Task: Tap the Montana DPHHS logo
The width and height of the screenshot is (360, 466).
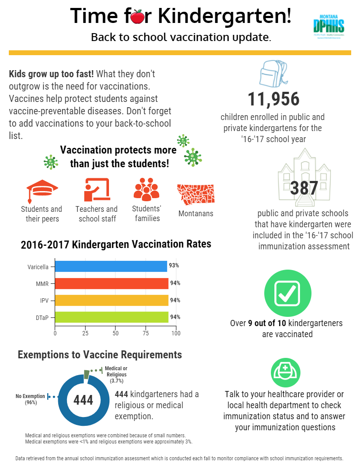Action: pyautogui.click(x=329, y=27)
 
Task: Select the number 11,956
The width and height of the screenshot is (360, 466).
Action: pyautogui.click(x=274, y=99)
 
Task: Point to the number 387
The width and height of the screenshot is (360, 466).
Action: pyautogui.click(x=304, y=188)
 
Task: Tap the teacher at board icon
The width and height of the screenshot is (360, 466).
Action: pyautogui.click(x=97, y=190)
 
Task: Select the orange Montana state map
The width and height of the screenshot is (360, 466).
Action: pyautogui.click(x=195, y=194)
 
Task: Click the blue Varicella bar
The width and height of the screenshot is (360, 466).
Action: pyautogui.click(x=111, y=266)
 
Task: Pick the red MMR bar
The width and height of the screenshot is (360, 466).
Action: pyautogui.click(x=112, y=283)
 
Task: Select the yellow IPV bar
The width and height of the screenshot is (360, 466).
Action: pyautogui.click(x=112, y=300)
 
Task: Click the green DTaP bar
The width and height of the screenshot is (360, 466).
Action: pyautogui.click(x=112, y=317)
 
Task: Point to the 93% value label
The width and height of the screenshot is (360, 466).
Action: pyautogui.click(x=174, y=266)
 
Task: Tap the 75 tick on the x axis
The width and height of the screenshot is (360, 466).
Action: pyautogui.click(x=146, y=333)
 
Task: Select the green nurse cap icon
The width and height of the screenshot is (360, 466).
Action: pyautogui.click(x=285, y=372)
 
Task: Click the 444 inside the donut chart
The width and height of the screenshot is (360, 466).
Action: pyautogui.click(x=83, y=400)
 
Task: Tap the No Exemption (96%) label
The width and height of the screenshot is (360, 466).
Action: pyautogui.click(x=30, y=399)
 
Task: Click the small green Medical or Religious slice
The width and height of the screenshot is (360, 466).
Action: pyautogui.click(x=87, y=375)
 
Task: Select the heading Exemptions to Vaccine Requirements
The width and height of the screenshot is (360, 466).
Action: pyautogui.click(x=100, y=355)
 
